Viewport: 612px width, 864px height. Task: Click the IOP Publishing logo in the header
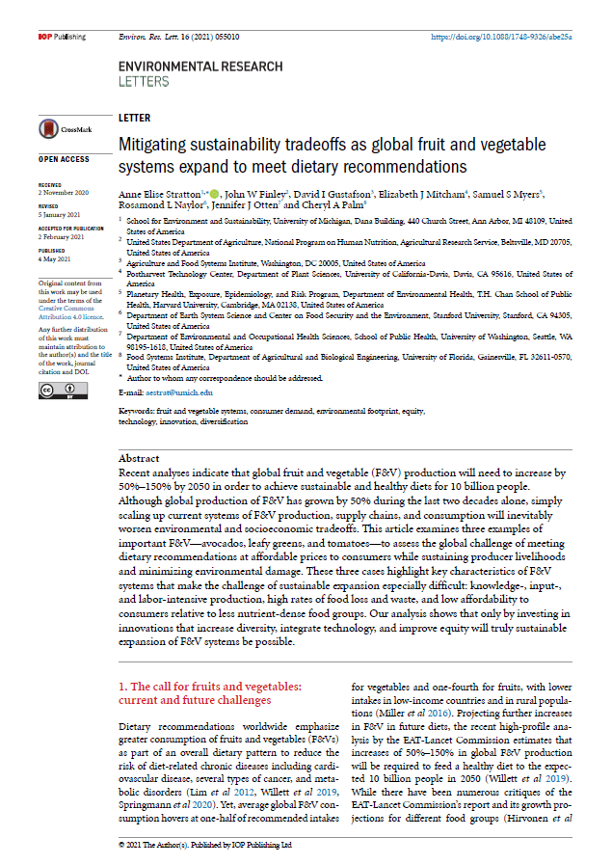pyautogui.click(x=62, y=37)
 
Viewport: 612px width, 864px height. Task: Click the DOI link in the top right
pyautogui.click(x=501, y=37)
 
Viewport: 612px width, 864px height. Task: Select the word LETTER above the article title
pyautogui.click(x=134, y=117)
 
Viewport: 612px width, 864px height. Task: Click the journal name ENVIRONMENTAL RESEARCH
pyautogui.click(x=200, y=67)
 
